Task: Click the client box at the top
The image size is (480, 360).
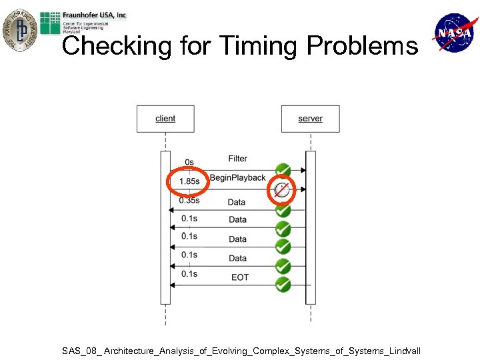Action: coord(165,119)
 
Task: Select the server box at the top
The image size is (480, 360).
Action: coord(310,119)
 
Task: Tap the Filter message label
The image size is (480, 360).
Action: coord(237,159)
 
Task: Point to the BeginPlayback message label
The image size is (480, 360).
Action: coord(237,178)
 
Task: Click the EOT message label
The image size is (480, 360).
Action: coord(239,277)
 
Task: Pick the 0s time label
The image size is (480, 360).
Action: coord(189,162)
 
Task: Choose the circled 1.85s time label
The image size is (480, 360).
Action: coord(189,181)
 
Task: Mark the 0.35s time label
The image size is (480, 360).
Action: coord(189,200)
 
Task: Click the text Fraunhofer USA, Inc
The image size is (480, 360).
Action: coord(95,15)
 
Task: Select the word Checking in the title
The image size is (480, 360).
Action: coord(116,46)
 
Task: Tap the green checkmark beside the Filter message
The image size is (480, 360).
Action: coord(283,170)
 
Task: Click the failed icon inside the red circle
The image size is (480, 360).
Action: coord(282,190)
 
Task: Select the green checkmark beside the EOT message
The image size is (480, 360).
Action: coord(283,285)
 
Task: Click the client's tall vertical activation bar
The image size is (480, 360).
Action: coord(165,227)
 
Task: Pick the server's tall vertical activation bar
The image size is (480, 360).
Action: coord(310,227)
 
